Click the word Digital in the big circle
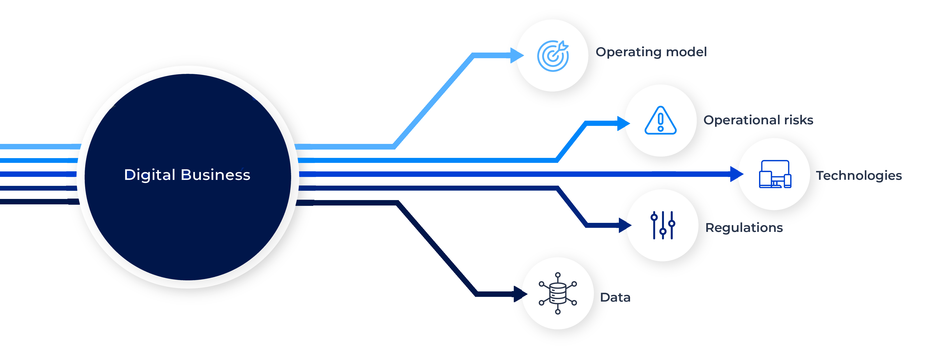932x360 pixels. (x=150, y=175)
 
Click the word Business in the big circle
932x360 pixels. (x=215, y=175)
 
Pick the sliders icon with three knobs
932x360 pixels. (x=663, y=225)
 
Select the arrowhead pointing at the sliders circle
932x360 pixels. (x=624, y=225)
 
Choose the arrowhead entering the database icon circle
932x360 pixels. (x=520, y=293)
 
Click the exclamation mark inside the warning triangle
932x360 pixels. (x=661, y=122)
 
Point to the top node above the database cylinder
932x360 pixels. (x=557, y=275)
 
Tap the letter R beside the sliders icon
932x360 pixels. (x=710, y=228)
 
